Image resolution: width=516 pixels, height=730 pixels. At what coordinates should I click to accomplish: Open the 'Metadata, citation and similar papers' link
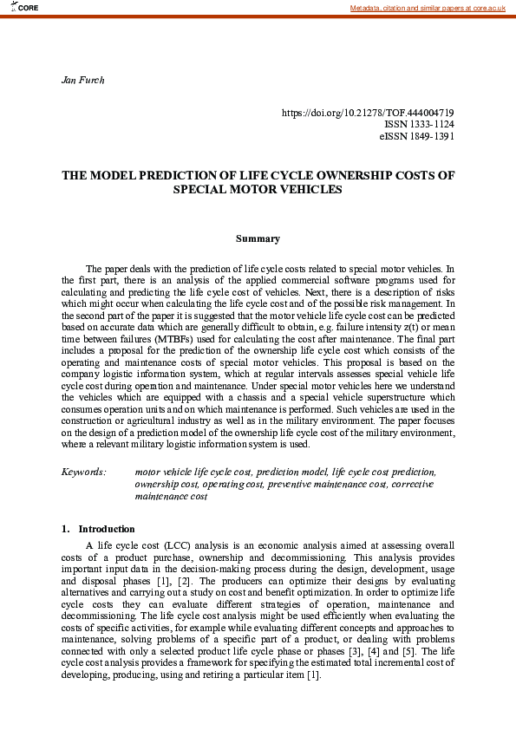click(x=428, y=8)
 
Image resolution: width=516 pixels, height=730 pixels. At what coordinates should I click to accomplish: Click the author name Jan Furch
click(x=82, y=80)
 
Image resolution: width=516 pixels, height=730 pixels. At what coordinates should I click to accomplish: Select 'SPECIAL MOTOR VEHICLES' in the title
click(x=258, y=189)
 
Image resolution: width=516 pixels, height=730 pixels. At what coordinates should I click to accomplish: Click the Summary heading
click(x=258, y=238)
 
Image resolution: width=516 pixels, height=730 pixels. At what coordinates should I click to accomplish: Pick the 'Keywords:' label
click(x=83, y=472)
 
